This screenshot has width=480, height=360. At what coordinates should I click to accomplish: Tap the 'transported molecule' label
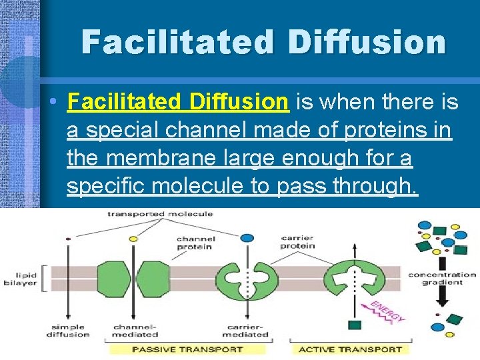click(x=160, y=213)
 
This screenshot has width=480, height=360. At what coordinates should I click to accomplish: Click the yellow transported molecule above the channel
click(x=133, y=238)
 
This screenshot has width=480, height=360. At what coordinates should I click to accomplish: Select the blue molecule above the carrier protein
click(x=247, y=237)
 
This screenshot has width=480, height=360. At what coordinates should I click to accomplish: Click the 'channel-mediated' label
click(x=135, y=330)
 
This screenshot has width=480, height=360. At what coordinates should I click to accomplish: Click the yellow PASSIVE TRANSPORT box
click(x=185, y=348)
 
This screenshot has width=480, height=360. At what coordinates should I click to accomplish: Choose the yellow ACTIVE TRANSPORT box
click(x=349, y=348)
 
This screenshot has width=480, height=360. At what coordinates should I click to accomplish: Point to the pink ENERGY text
click(x=387, y=311)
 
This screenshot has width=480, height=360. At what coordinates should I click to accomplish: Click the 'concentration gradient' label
click(x=441, y=278)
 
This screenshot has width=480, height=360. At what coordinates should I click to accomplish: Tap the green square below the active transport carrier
click(x=354, y=325)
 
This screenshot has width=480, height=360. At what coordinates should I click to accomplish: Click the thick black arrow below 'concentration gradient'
click(x=441, y=300)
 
